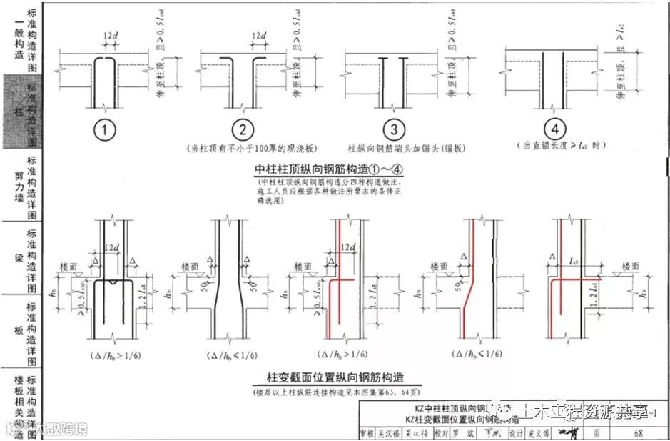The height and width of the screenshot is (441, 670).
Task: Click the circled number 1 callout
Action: [x=106, y=130]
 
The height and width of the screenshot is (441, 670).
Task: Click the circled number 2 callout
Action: [x=243, y=130]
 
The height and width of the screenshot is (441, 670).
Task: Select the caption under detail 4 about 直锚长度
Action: [x=554, y=145]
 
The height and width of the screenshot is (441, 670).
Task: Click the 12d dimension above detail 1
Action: [x=109, y=36]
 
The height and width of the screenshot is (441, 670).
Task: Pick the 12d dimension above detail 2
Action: [x=259, y=36]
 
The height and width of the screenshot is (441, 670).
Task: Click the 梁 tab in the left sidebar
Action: [x=19, y=257]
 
